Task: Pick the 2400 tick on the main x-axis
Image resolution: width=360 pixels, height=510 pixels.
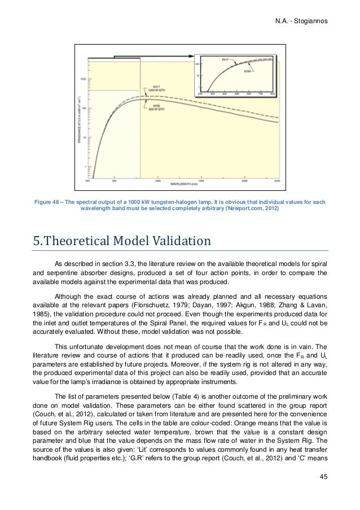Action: click(x=277, y=181)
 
